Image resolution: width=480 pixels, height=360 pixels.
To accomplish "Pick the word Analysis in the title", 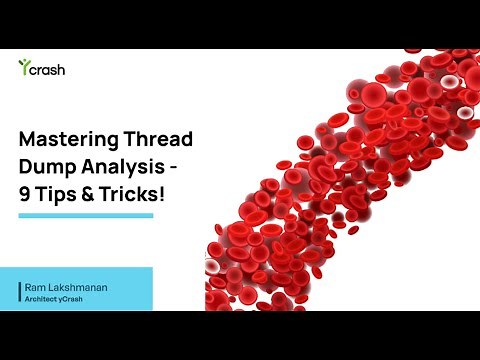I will pyautogui.click(x=122, y=167).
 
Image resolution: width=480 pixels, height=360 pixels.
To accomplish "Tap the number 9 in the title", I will pyautogui.click(x=26, y=195).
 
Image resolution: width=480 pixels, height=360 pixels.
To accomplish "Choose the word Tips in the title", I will pyautogui.click(x=61, y=195).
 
